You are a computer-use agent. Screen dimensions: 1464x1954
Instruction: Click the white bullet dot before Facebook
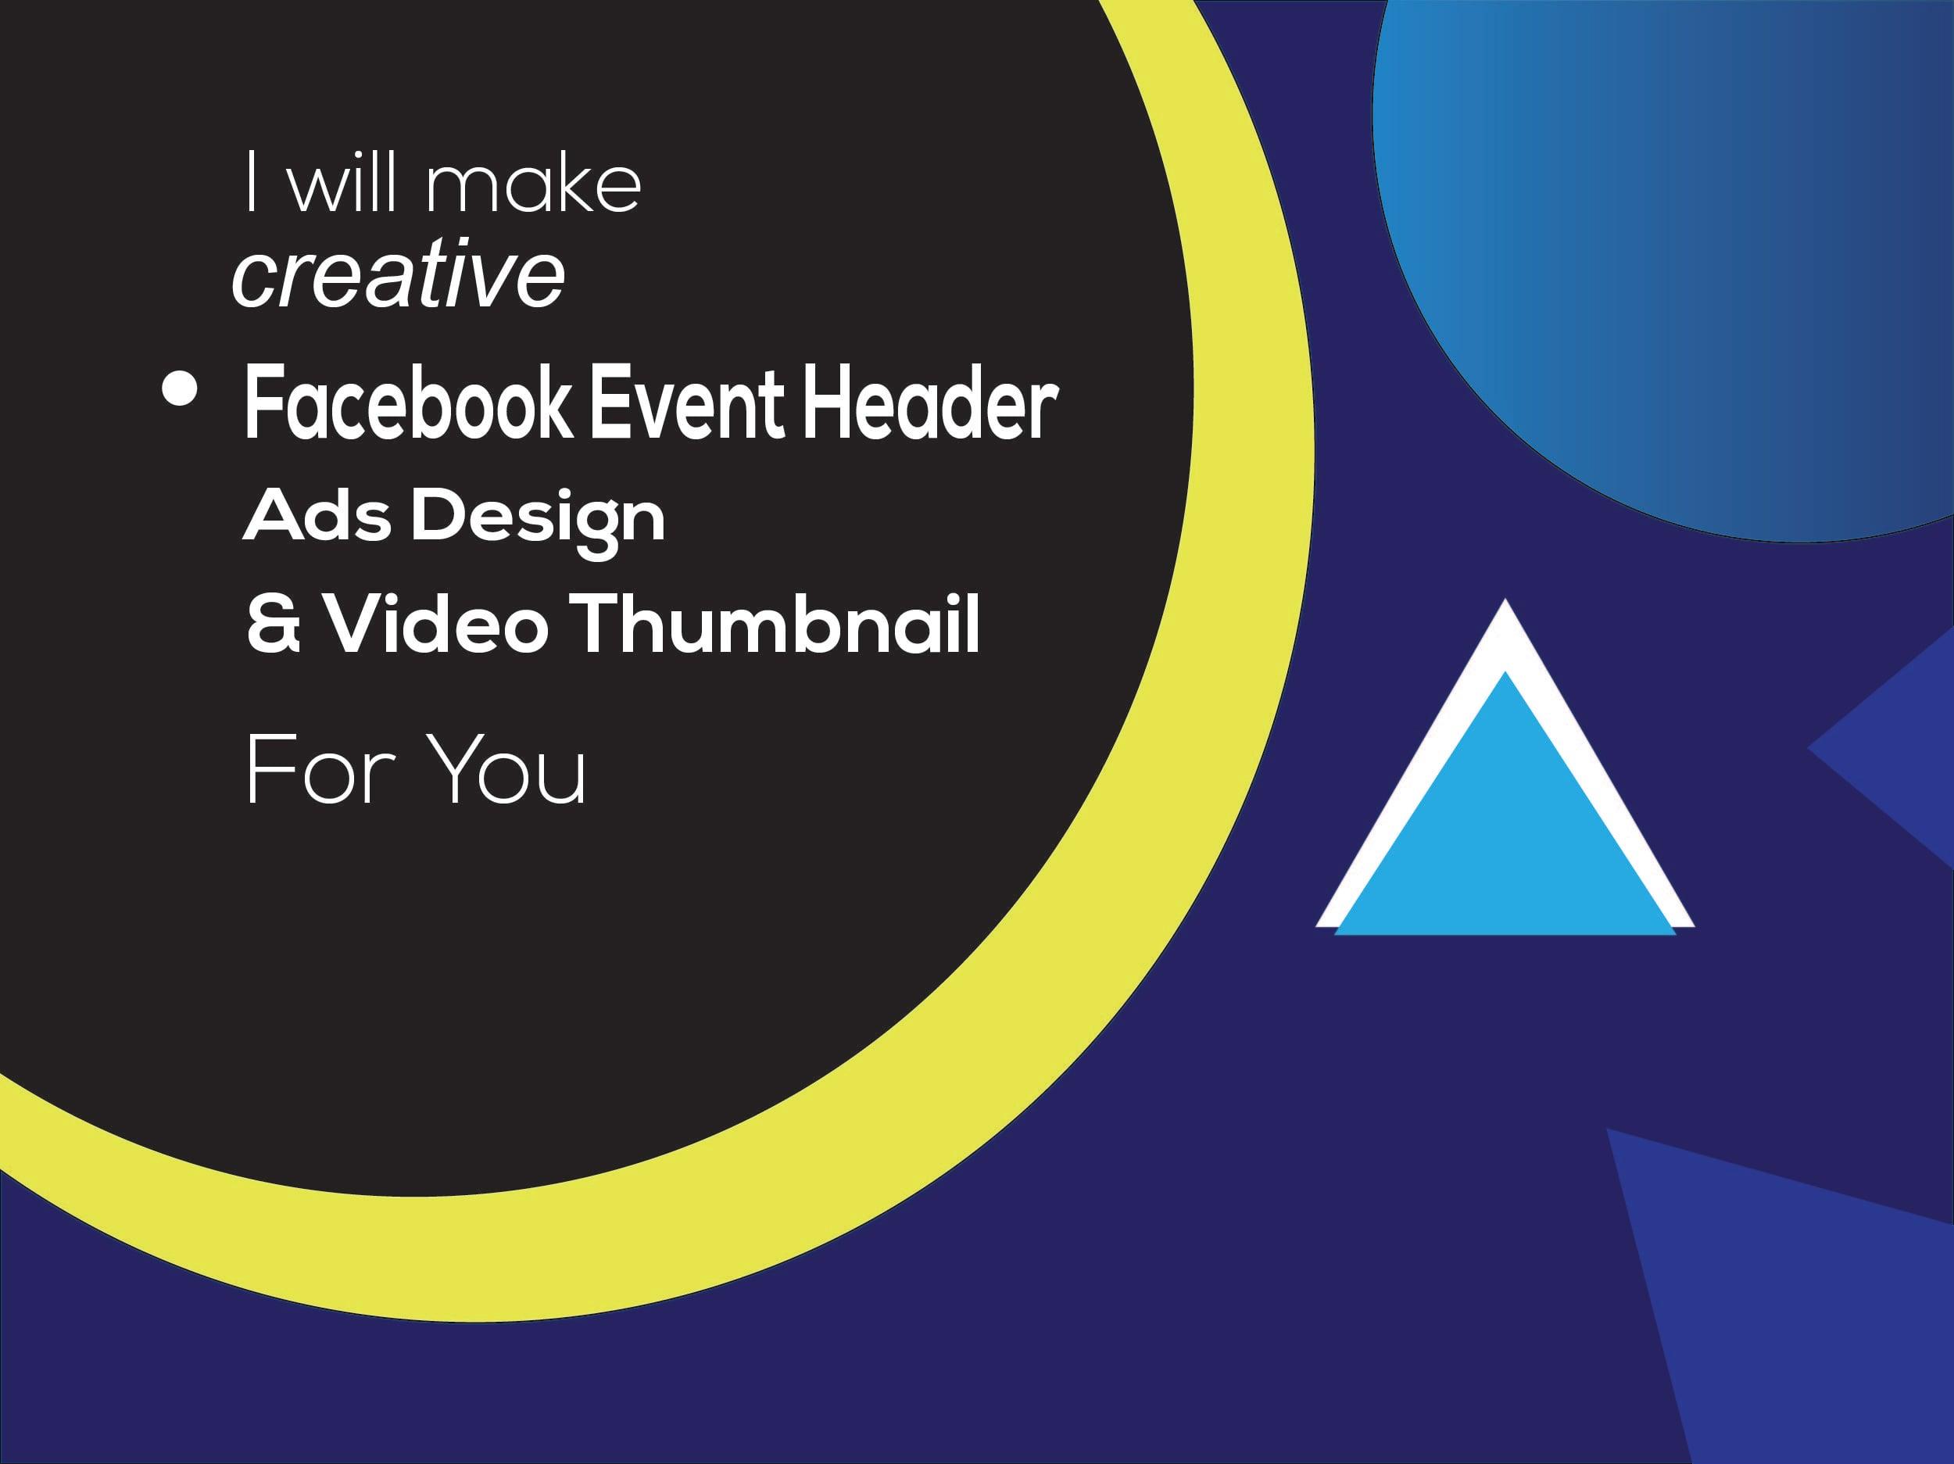(179, 389)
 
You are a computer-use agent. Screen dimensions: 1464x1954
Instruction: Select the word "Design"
(538, 519)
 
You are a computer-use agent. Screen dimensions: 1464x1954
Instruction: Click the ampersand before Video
(273, 624)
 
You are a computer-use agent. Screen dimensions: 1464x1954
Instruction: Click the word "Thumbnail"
(775, 624)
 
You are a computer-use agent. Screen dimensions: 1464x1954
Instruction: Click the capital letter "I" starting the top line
(252, 182)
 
